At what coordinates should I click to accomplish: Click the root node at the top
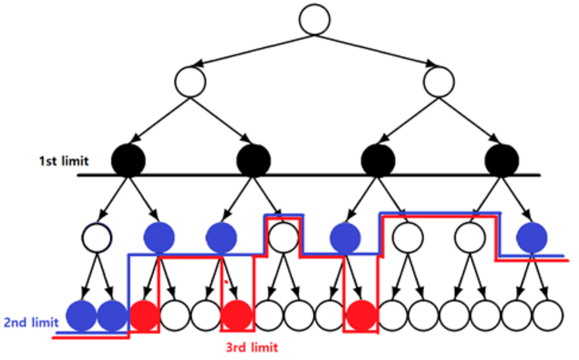click(314, 20)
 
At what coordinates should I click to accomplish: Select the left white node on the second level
click(190, 82)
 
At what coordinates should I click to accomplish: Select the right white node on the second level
click(438, 82)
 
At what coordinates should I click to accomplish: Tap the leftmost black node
click(128, 160)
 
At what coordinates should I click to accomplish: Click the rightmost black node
click(502, 160)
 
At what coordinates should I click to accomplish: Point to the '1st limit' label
click(64, 161)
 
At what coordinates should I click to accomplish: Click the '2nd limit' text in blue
click(31, 322)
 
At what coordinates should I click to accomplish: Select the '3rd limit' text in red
click(252, 347)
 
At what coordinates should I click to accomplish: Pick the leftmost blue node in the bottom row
click(81, 316)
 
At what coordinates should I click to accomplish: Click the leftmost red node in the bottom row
click(144, 316)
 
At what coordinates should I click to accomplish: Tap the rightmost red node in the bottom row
click(361, 316)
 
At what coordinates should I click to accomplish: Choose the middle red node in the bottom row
click(237, 316)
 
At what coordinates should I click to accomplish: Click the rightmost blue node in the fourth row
click(532, 237)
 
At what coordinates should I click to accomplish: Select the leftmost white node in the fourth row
click(97, 237)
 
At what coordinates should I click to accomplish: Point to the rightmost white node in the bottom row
click(548, 316)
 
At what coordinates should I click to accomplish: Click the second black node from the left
click(253, 160)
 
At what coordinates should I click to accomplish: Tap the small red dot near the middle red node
click(226, 282)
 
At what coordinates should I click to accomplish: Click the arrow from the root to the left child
click(253, 51)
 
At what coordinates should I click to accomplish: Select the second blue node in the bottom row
click(112, 316)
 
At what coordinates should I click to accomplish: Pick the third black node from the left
click(378, 160)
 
